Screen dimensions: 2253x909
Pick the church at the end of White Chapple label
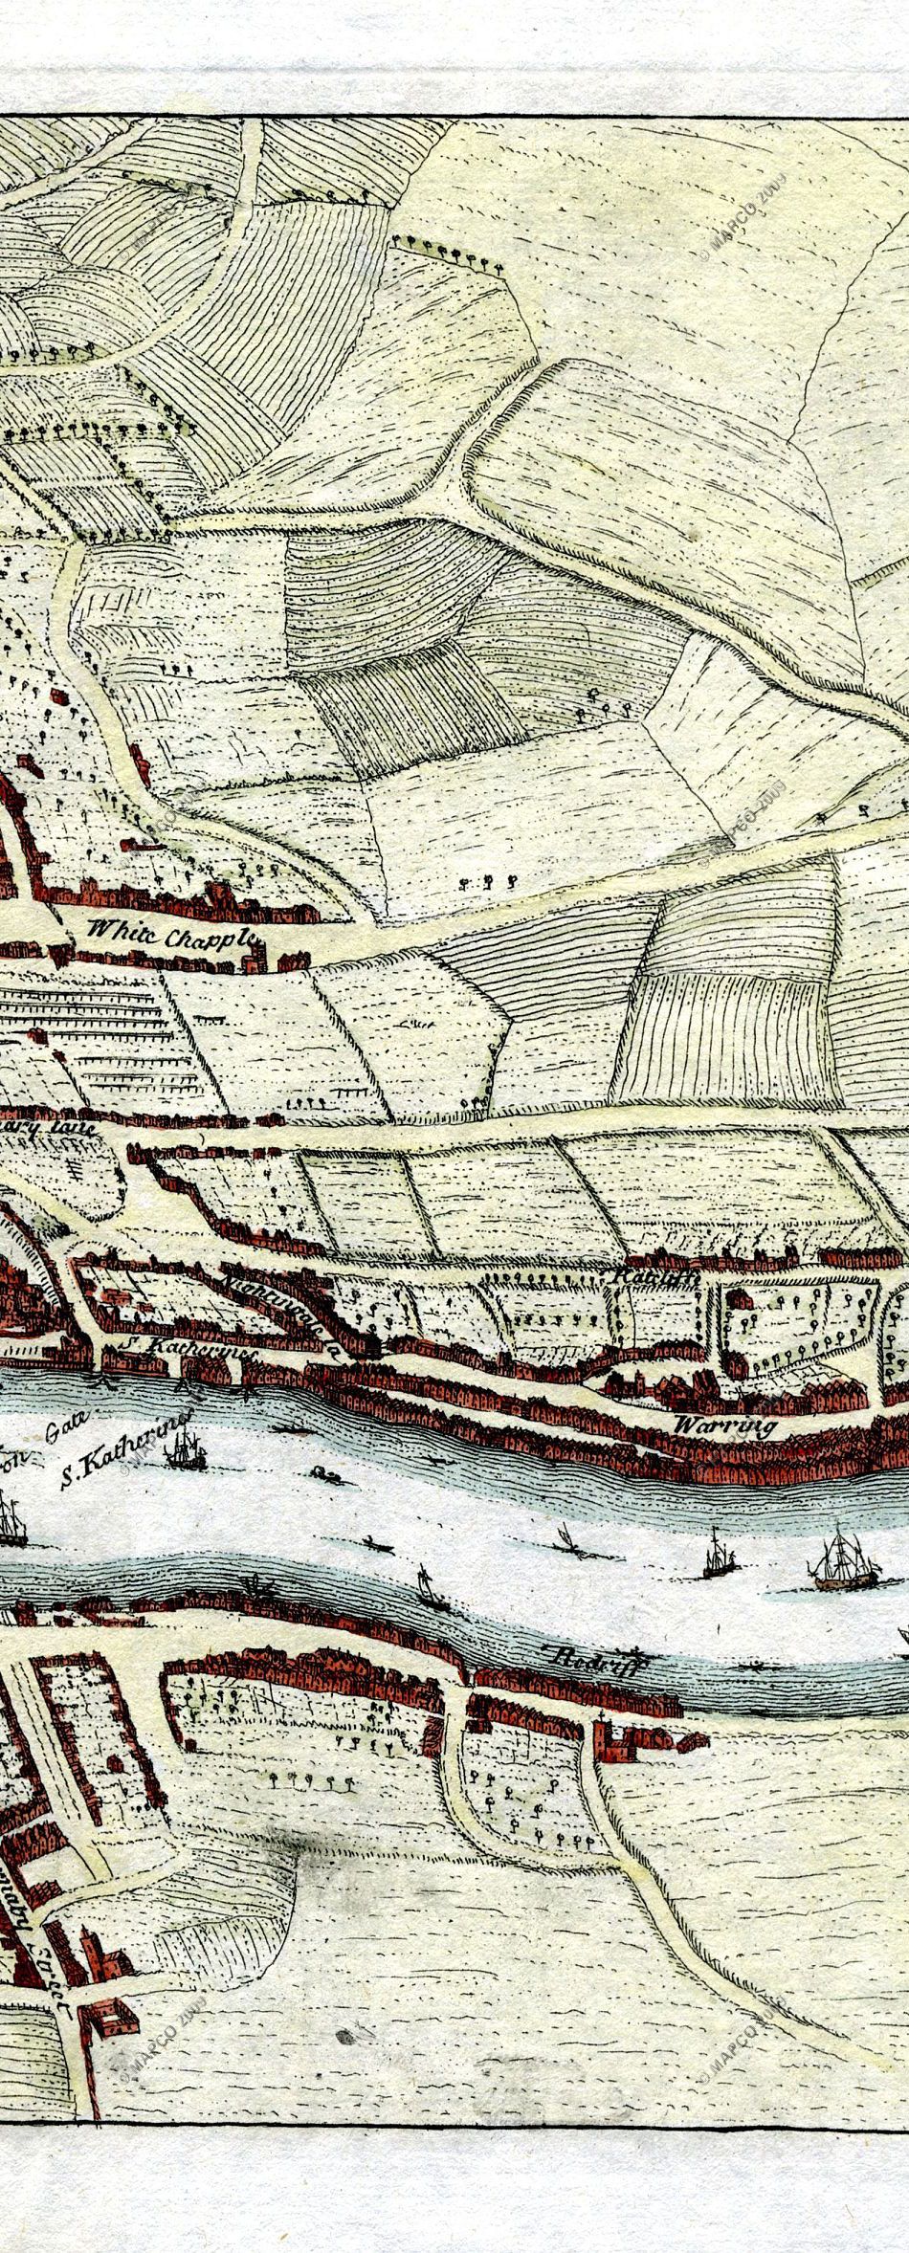(253, 957)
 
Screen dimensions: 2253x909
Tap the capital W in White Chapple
(96, 927)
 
